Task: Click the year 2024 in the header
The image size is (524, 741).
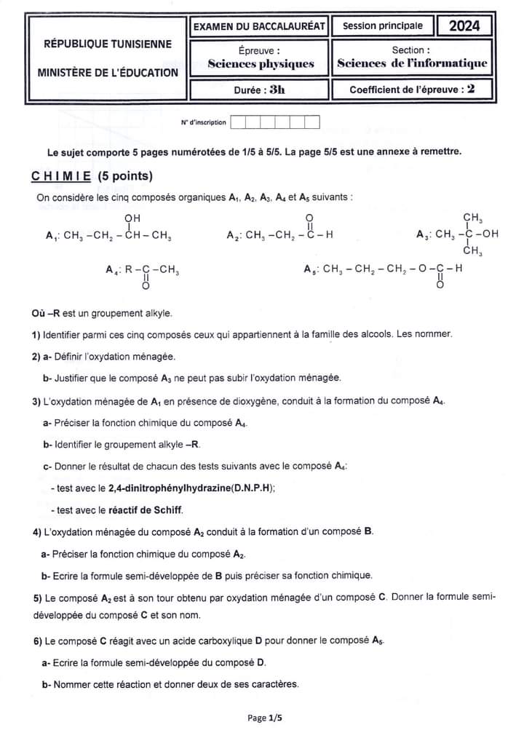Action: (x=464, y=26)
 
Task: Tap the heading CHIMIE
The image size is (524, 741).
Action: (x=61, y=176)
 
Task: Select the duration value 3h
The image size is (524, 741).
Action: (x=277, y=90)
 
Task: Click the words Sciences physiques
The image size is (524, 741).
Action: (x=261, y=64)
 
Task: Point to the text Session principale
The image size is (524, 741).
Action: (x=382, y=26)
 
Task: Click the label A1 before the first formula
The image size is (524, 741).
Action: (x=51, y=236)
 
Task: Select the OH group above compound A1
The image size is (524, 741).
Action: (x=132, y=218)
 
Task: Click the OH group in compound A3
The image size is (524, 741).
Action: (x=491, y=234)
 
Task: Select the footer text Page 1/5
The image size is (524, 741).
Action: (x=264, y=718)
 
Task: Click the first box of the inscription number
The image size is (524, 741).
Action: (x=237, y=122)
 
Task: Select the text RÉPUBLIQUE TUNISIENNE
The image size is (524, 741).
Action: (x=108, y=44)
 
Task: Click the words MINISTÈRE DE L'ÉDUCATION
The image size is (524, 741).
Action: (x=108, y=73)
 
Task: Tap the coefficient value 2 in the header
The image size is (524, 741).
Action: (x=471, y=90)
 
